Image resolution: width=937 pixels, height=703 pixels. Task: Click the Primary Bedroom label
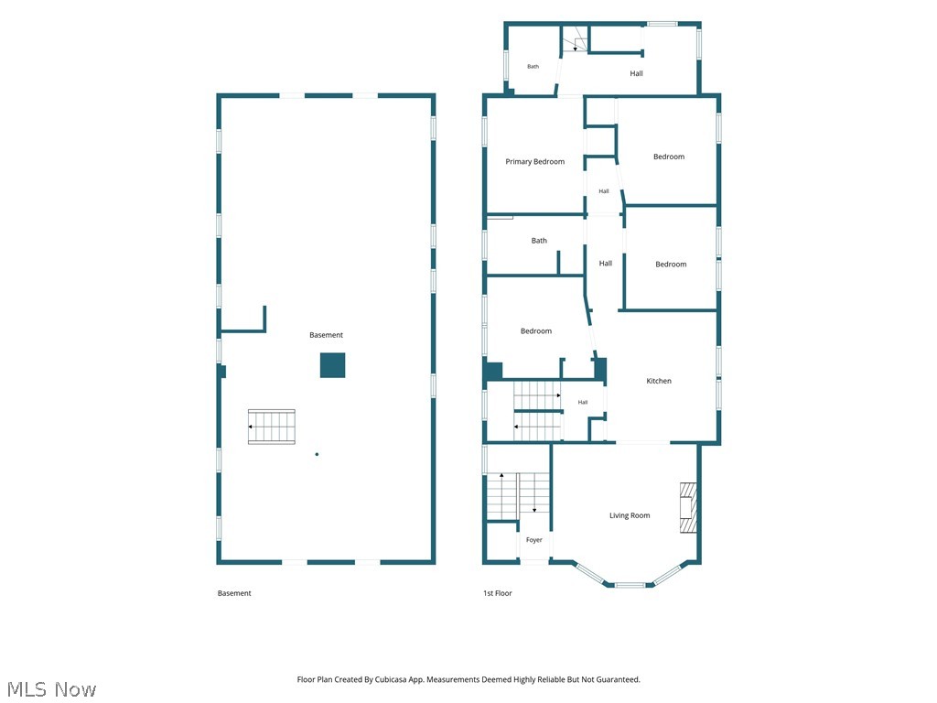click(534, 161)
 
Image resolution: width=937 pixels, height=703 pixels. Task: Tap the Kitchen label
click(659, 381)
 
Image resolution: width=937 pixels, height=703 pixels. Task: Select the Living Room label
click(630, 515)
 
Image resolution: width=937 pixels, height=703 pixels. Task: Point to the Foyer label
click(533, 540)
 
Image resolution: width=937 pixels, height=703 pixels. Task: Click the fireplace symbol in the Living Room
click(688, 507)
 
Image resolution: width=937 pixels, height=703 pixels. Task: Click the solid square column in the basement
click(332, 365)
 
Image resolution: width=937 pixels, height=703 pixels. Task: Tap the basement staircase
click(271, 427)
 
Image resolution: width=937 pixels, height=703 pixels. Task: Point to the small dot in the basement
click(317, 454)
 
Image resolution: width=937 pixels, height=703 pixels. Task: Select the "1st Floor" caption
click(497, 593)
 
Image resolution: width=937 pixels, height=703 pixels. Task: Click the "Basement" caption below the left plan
click(234, 593)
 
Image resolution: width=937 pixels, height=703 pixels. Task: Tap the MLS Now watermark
click(51, 689)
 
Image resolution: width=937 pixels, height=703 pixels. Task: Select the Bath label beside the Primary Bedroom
click(539, 241)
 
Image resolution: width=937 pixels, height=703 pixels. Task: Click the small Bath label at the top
click(533, 66)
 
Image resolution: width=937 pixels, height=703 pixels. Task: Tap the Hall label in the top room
click(636, 73)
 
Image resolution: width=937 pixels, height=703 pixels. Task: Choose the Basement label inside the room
click(327, 335)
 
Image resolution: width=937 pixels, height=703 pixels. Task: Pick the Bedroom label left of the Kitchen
click(536, 330)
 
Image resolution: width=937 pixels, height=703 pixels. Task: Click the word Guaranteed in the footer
click(619, 680)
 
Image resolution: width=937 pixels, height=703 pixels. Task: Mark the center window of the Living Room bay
click(630, 585)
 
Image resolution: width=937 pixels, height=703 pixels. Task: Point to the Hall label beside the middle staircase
click(583, 403)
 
